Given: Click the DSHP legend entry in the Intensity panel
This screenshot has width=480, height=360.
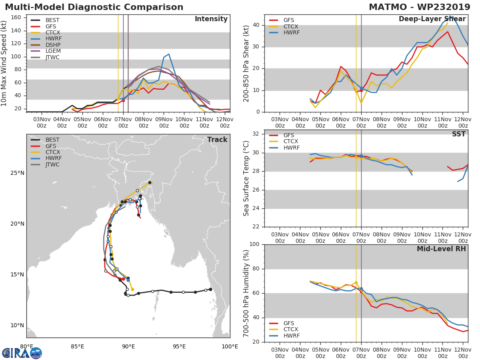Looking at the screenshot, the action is coord(46,45).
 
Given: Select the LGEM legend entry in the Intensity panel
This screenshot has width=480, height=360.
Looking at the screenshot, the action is coord(46,51).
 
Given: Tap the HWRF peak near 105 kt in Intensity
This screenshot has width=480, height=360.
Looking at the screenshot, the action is coord(169,54).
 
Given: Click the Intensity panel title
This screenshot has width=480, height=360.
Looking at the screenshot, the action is coord(211,19).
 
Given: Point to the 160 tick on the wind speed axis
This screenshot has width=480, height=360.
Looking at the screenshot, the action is coord(16,18).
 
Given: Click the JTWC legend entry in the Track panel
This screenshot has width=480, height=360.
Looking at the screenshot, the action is coord(45,164).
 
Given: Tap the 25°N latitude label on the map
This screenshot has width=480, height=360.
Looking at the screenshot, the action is coord(17,173).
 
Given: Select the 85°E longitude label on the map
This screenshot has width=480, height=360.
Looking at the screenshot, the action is coord(78,347).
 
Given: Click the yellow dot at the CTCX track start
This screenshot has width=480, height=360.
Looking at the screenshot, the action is coord(132,289).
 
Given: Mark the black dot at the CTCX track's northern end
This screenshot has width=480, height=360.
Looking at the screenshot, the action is coord(150,182).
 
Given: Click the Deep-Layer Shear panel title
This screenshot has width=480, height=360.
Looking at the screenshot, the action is coord(432,19).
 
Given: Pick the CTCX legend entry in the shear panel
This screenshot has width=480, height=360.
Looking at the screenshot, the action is coord(284,26).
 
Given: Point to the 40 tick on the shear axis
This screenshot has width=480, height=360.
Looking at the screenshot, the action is coord(256,25).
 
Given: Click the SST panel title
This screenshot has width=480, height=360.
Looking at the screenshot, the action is coord(459,134).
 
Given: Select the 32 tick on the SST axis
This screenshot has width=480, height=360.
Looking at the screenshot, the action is coord(256,134).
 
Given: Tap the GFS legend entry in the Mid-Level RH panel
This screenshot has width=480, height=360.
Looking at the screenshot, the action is coord(282,323).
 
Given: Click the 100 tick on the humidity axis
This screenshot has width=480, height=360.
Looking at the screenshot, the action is coord(254,244).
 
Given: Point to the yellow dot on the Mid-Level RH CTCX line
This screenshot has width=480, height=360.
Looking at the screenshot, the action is coord(356,283).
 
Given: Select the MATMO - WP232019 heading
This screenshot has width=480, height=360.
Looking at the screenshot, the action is coord(420,7).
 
